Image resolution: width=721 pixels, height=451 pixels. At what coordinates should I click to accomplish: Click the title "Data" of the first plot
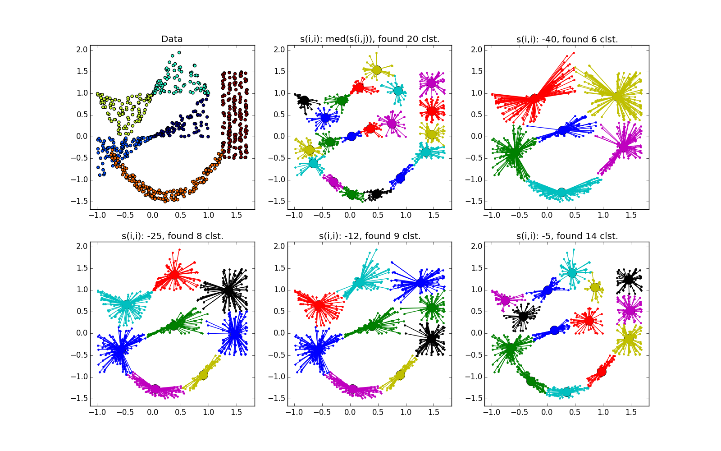172,39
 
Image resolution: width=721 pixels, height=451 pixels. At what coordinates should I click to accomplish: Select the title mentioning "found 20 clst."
370,39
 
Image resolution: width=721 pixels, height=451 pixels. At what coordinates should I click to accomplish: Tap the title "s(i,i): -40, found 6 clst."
567,39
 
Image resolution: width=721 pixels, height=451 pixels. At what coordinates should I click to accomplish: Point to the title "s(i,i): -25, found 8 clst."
172,236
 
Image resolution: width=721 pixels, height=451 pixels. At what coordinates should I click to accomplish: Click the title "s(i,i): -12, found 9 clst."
370,236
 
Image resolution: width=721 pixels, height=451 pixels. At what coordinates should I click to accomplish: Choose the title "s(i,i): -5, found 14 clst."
567,236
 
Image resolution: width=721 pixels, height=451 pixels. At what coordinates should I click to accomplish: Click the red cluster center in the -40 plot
535,99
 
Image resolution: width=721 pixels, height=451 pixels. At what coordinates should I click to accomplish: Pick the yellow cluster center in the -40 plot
617,96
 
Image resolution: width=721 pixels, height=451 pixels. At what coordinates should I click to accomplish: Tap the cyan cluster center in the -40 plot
561,193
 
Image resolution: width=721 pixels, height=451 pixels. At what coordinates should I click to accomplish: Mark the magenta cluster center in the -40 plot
624,147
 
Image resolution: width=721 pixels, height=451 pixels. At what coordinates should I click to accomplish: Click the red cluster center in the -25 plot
174,275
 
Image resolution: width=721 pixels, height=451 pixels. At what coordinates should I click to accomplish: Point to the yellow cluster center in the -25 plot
203,375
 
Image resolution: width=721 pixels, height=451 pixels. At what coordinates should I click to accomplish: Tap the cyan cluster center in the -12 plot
359,283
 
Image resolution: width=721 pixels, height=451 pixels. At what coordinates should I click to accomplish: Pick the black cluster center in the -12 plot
432,338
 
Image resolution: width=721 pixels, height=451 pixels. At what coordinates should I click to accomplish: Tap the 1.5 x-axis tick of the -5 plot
631,412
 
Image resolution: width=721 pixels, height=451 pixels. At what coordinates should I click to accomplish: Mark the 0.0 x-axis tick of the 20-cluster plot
350,215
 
